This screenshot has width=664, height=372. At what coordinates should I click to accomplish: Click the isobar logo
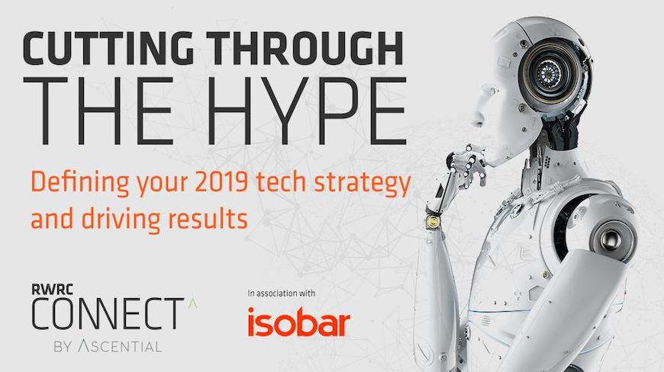pos(298,322)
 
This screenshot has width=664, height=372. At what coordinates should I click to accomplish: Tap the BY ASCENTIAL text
pos(107,347)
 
